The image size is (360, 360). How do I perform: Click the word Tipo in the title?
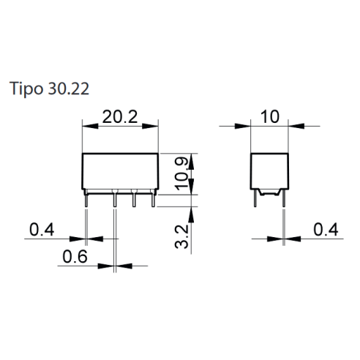tap(26, 89)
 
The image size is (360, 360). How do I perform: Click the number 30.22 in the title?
tap(69, 89)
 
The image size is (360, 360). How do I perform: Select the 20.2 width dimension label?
tap(120, 117)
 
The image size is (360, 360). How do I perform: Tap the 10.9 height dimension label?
tap(181, 173)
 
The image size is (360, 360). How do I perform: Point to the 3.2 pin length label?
tap(181, 236)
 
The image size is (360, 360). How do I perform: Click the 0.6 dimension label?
tap(75, 257)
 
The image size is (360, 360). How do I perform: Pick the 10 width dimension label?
tap(269, 116)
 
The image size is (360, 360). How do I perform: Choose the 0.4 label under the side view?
tap(326, 230)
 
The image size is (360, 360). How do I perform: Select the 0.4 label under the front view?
tap(42, 230)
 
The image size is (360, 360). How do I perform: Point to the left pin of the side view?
tap(255, 198)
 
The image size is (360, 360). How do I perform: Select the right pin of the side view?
tap(284, 198)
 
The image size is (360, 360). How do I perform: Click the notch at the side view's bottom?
tap(269, 192)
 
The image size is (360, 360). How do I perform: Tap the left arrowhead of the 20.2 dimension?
tap(90, 126)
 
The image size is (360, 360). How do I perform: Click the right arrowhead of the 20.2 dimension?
tap(150, 126)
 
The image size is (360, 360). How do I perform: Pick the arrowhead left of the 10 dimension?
tap(243, 126)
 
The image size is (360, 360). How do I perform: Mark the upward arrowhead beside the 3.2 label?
tap(191, 215)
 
